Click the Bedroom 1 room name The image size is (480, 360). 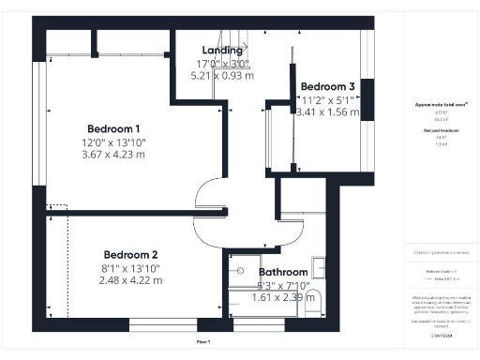[x=113, y=128]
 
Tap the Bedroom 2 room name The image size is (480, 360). [x=130, y=255]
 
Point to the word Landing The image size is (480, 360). [x=221, y=51]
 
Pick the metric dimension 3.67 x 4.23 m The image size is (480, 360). [x=113, y=157]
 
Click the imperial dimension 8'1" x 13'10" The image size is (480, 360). [x=130, y=268]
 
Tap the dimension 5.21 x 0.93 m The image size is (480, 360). [x=221, y=77]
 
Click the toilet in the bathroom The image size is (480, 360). [x=314, y=299]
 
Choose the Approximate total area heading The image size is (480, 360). [x=441, y=106]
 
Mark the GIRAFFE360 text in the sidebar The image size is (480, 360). [x=441, y=333]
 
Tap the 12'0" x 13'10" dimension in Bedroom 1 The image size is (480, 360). [x=113, y=142]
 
